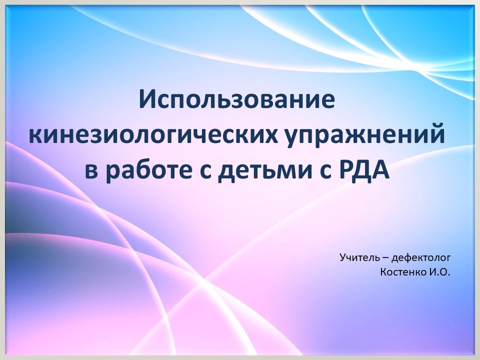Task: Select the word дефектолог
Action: click(x=421, y=258)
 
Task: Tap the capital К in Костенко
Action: click(x=383, y=272)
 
